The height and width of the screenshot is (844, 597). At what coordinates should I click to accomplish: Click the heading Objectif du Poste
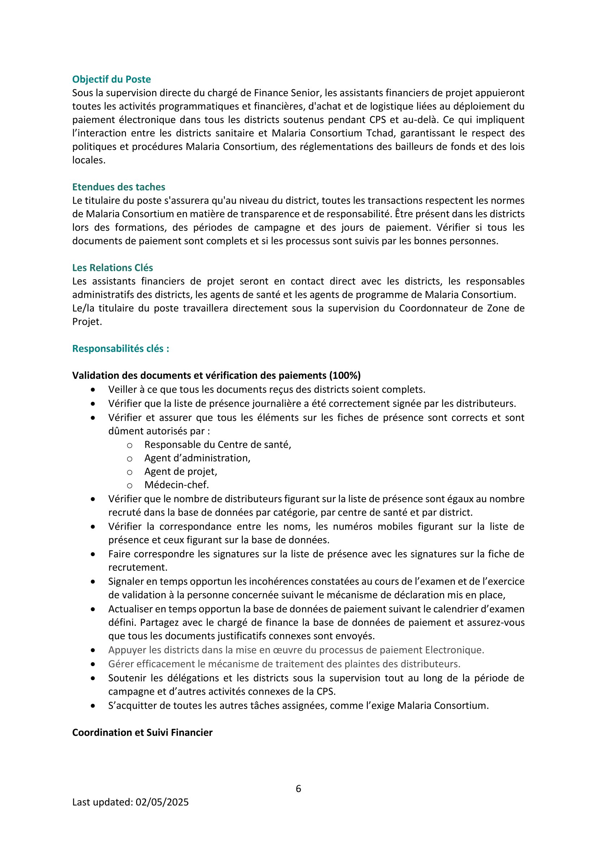coord(112,79)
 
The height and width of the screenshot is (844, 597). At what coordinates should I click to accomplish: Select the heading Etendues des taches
coord(119,187)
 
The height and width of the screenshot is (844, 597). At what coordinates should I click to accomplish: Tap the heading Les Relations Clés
coord(113,268)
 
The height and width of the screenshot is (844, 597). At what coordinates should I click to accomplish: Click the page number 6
coord(298,788)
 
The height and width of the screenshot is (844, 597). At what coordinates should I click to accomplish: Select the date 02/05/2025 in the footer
coord(162,802)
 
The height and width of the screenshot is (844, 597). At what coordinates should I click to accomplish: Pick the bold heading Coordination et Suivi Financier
coord(142,733)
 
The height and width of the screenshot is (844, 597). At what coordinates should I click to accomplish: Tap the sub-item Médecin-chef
coord(177,485)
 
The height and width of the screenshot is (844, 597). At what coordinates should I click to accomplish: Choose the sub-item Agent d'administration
coord(197,458)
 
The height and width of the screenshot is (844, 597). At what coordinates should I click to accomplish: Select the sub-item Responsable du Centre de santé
coord(218,445)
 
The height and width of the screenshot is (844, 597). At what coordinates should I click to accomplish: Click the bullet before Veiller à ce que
coord(93,390)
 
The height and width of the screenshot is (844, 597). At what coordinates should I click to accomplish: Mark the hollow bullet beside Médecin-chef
coord(130,485)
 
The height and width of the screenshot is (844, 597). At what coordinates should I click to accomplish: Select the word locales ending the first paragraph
coord(88,160)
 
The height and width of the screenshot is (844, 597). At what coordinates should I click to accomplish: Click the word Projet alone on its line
coord(86,322)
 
